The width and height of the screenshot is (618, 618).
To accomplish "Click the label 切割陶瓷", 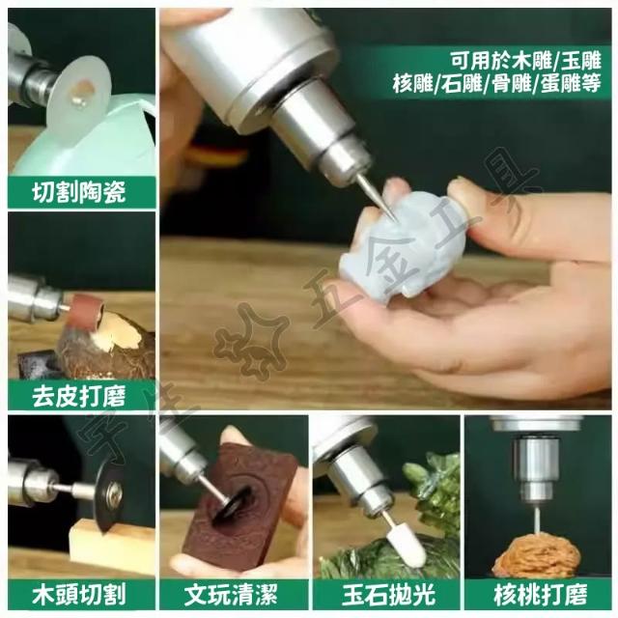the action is [x=79, y=192].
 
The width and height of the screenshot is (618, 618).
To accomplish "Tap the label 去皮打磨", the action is [x=79, y=396].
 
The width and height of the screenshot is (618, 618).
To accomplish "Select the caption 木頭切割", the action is [x=79, y=595].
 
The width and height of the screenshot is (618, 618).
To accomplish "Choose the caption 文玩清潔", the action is [x=231, y=595].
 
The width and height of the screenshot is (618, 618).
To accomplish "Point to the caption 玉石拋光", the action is [x=388, y=595].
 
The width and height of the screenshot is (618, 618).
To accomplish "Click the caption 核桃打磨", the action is [x=540, y=595].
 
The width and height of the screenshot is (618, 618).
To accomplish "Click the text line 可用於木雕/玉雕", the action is [x=526, y=60].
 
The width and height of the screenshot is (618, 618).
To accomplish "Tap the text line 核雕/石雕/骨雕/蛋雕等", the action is [x=496, y=84].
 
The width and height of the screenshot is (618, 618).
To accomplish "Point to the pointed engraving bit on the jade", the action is [x=378, y=197].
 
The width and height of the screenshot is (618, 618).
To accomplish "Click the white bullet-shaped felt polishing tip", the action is [x=406, y=544].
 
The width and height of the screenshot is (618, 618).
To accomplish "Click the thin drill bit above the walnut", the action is [x=538, y=518].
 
